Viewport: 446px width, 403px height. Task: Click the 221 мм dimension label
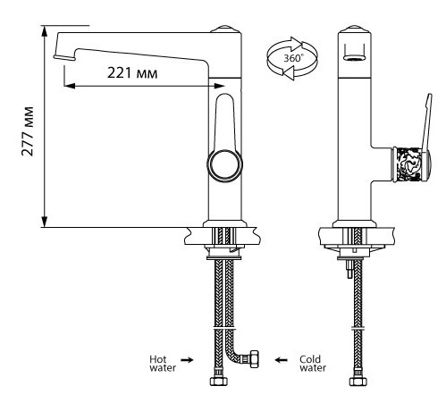[132, 73]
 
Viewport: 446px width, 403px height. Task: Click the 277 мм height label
[28, 131]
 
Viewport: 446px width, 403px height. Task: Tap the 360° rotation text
[293, 58]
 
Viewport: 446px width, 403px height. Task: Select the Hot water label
[163, 364]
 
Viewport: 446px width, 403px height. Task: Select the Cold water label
[313, 364]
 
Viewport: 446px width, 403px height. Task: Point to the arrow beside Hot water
[187, 360]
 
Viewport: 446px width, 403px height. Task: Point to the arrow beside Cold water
[281, 360]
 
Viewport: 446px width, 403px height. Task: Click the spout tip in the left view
[64, 57]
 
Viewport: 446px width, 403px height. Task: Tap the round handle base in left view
[224, 164]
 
